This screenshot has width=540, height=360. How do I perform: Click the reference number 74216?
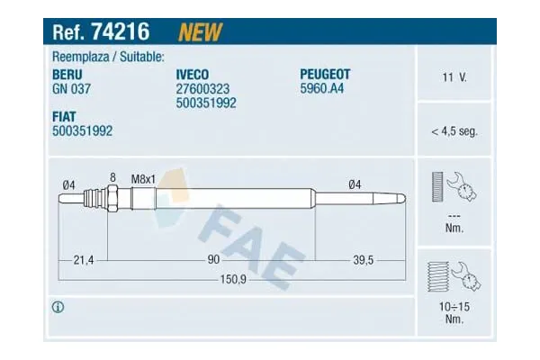[121, 31]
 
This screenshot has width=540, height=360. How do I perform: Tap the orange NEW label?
[201, 32]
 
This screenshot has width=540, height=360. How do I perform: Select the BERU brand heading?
[67, 75]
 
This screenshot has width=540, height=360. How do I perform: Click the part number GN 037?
[71, 89]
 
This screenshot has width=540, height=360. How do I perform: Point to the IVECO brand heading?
[193, 75]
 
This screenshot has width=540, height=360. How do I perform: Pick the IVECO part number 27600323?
[202, 89]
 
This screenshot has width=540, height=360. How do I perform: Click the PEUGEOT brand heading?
[325, 74]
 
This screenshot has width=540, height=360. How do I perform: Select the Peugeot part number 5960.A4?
[322, 88]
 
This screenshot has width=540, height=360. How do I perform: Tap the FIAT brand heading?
[64, 116]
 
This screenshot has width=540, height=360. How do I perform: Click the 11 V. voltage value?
[454, 77]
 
